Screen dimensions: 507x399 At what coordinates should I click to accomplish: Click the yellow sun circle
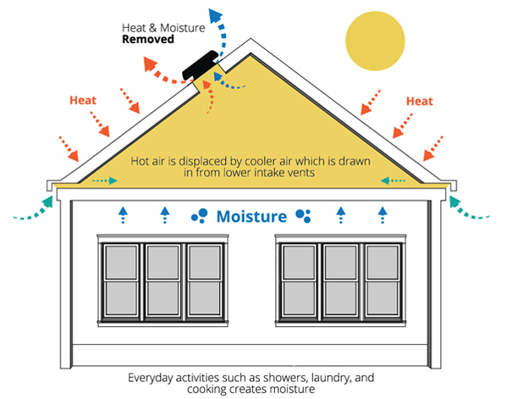(375, 41)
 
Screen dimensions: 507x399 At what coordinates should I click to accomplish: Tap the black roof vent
(200, 65)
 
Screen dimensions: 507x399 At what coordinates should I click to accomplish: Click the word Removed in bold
(148, 39)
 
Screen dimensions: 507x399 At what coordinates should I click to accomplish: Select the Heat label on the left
(83, 100)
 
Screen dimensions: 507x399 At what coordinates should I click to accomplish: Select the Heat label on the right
(419, 102)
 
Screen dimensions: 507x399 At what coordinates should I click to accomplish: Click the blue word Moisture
(251, 216)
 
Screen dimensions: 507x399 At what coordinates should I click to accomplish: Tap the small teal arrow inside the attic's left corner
(105, 180)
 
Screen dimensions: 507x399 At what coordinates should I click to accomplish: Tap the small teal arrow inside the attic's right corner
(393, 180)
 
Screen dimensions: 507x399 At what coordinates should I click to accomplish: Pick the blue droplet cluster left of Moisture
(200, 216)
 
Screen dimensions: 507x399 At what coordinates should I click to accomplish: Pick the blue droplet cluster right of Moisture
(303, 216)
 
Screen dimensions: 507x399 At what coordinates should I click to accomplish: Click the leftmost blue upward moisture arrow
(123, 215)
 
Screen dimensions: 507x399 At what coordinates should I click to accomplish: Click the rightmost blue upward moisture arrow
(383, 215)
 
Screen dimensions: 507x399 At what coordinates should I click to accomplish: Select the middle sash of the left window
(163, 280)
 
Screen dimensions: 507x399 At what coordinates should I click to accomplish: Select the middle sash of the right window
(341, 280)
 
